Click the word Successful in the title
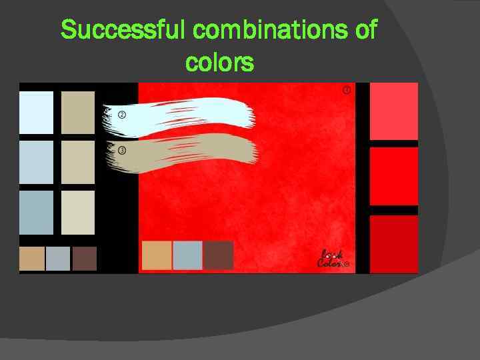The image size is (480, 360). pyautogui.click(x=124, y=30)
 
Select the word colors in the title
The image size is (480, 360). pyautogui.click(x=219, y=63)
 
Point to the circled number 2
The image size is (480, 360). pyautogui.click(x=122, y=115)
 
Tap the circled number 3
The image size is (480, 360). pyautogui.click(x=122, y=150)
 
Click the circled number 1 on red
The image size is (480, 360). pyautogui.click(x=346, y=90)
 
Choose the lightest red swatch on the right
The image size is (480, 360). pyautogui.click(x=393, y=111)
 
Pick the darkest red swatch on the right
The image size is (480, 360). pyautogui.click(x=393, y=243)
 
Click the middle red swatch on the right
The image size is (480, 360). pyautogui.click(x=393, y=176)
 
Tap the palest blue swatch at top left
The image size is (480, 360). pyautogui.click(x=36, y=112)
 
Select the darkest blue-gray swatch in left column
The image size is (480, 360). pyautogui.click(x=36, y=213)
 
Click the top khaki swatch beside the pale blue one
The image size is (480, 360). pyautogui.click(x=78, y=112)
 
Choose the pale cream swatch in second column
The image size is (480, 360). pyautogui.click(x=78, y=213)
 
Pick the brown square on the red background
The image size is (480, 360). pyautogui.click(x=219, y=255)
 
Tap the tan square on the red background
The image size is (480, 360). pyautogui.click(x=157, y=255)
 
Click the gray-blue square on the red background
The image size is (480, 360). pyautogui.click(x=187, y=255)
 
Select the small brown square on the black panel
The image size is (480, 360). pyautogui.click(x=85, y=259)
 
